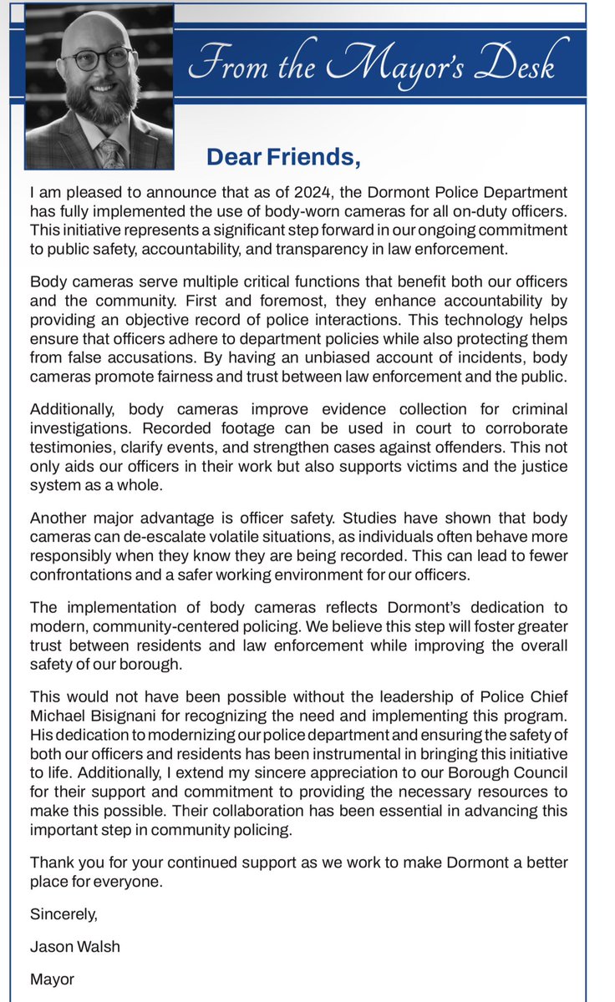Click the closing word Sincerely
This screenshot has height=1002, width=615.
click(64, 914)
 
